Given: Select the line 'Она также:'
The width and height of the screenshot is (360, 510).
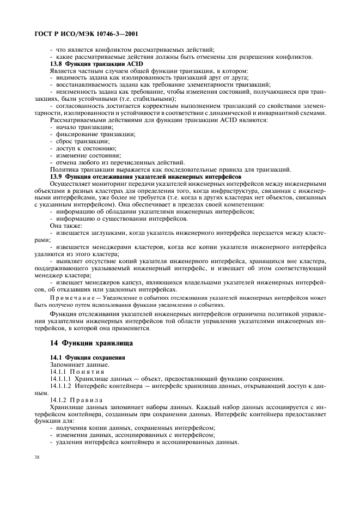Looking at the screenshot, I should pos(66,226).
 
